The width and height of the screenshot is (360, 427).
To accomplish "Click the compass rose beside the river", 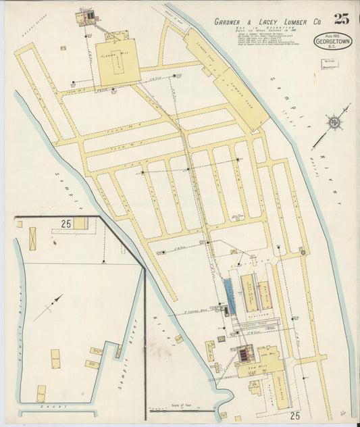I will pos(332,122).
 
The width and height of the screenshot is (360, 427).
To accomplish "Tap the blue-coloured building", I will pos(230,297).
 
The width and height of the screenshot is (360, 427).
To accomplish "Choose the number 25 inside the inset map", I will pos(66,223).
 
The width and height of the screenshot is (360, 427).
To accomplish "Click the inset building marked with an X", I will pos(32,238).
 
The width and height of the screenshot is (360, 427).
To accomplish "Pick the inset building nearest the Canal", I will pos(41,393).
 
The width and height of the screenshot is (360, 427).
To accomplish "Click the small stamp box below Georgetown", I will pos(330,64).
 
